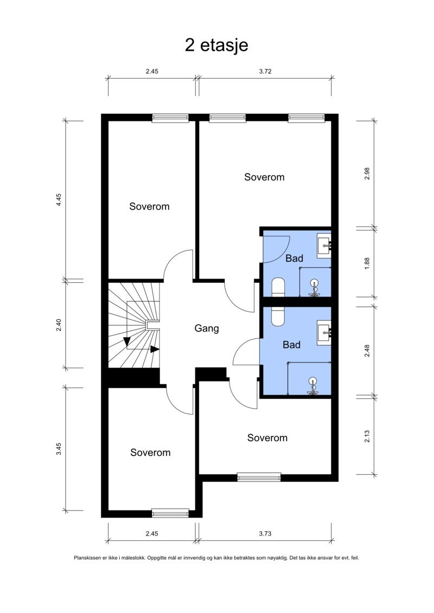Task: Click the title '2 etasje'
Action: pos(216,45)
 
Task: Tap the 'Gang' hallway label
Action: pos(207,328)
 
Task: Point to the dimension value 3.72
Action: pos(265,71)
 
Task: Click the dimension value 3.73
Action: pos(265,534)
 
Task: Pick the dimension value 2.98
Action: pos(367,173)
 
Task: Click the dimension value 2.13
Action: pos(367,435)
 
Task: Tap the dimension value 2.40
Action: pos(59,325)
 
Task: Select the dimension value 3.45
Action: pos(59,449)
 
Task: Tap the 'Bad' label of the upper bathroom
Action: pos(294,259)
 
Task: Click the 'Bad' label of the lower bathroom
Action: pos(291,345)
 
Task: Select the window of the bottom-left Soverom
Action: pos(170,512)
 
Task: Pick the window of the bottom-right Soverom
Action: pos(259,477)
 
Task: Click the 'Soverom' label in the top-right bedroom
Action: pos(264,177)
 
